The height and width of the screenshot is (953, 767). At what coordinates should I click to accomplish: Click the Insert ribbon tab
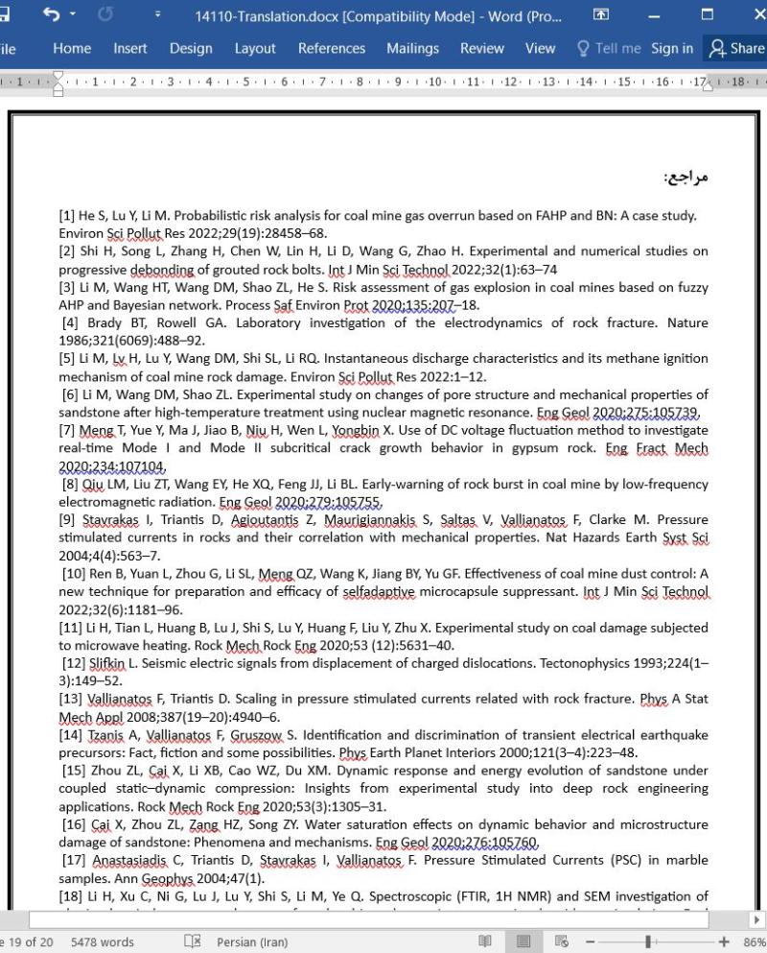[130, 48]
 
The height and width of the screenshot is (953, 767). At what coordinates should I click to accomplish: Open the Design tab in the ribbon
[191, 48]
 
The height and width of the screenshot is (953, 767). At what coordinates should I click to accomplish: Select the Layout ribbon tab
[255, 48]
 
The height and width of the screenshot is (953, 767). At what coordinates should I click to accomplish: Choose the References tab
[332, 48]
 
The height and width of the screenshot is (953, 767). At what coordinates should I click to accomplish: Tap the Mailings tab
[412, 48]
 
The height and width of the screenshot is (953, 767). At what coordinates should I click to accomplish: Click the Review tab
[481, 48]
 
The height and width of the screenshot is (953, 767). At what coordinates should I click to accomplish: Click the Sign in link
[671, 48]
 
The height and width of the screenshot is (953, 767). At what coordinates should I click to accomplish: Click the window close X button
[753, 15]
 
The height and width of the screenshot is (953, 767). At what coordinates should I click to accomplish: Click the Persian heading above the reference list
[686, 178]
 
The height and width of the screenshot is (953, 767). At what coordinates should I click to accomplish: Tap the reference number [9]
[68, 520]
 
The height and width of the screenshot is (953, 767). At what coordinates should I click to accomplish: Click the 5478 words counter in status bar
[103, 941]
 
